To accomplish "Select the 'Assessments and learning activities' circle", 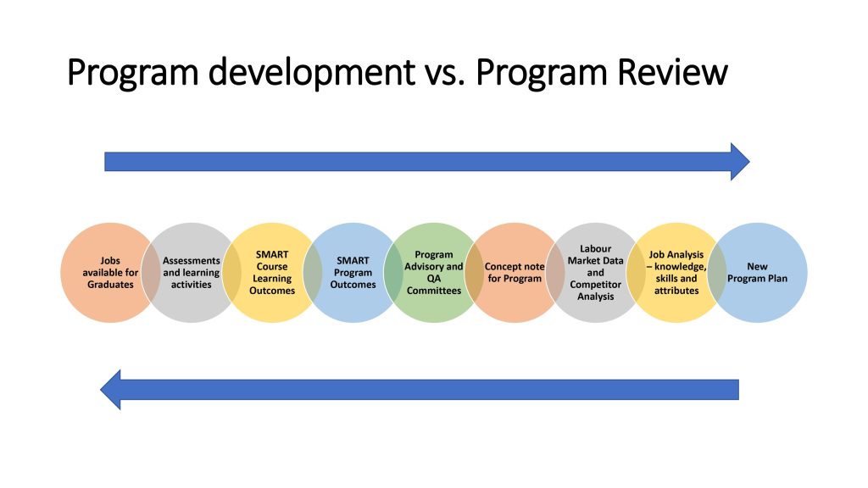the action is click(191, 273).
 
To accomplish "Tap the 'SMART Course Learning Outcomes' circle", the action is click(272, 273).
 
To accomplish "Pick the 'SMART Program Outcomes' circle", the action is click(353, 273).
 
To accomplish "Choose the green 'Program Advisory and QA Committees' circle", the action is click(433, 273).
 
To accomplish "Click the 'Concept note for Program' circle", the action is click(515, 273).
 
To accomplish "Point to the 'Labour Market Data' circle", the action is click(595, 273).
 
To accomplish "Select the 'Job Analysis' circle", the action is click(676, 273).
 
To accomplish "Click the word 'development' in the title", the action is click(311, 73).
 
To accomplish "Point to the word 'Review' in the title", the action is click(672, 72).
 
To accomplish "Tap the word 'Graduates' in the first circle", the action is click(110, 285).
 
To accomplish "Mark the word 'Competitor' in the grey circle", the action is click(595, 285).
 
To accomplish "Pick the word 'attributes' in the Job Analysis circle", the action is click(676, 291).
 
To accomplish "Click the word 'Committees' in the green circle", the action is click(433, 291).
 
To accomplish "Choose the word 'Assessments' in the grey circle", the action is click(191, 261).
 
